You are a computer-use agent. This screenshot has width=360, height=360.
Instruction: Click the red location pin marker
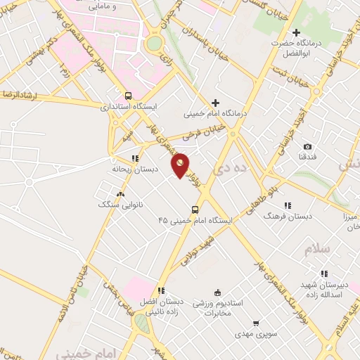coord(181,165)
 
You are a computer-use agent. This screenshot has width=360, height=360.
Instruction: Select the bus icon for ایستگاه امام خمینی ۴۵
coord(195,209)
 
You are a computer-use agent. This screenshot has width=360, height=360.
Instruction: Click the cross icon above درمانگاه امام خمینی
coord(215,103)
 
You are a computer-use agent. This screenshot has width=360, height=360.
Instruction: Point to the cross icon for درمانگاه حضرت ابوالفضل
coord(296,32)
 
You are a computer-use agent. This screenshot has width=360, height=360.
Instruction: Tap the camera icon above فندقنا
coord(307,146)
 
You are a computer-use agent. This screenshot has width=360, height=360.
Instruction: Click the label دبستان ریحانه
coord(136,169)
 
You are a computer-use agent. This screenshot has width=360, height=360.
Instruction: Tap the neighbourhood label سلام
coord(318,249)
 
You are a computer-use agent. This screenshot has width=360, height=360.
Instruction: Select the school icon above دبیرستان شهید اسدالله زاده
coord(323,274)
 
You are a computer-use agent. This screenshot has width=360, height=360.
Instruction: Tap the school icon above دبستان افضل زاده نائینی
coord(161,290)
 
